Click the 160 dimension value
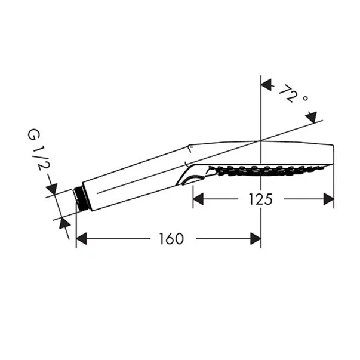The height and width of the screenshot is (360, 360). pyautogui.click(x=171, y=239)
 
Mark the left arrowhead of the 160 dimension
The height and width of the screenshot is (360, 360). pyautogui.click(x=82, y=239)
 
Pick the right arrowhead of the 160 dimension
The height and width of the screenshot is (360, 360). pyautogui.click(x=256, y=239)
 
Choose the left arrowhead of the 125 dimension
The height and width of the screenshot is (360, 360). pyautogui.click(x=198, y=199)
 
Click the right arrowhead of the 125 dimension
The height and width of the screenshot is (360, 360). pyautogui.click(x=328, y=199)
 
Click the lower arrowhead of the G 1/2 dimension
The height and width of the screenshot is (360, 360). pyautogui.click(x=65, y=225)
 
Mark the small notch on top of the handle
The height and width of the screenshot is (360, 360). pyautogui.click(x=189, y=147)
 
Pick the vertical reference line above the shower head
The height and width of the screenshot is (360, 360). pyautogui.click(x=261, y=107)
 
